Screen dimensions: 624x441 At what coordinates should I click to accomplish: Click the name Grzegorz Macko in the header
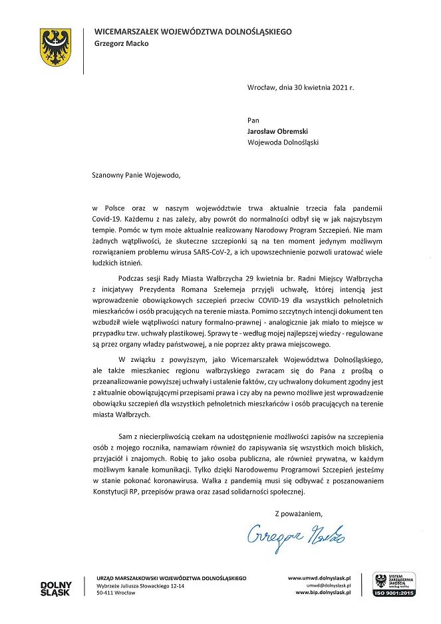tap(122, 44)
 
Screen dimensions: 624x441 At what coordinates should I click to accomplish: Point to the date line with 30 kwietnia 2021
tap(301, 87)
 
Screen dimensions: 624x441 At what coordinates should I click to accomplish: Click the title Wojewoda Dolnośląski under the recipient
tap(283, 142)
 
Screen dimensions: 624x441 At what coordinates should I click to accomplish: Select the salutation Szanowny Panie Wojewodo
tap(136, 176)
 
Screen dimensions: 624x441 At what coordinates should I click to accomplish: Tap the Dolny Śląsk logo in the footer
tap(55, 588)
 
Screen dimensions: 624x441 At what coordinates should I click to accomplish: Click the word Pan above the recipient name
tap(253, 120)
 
